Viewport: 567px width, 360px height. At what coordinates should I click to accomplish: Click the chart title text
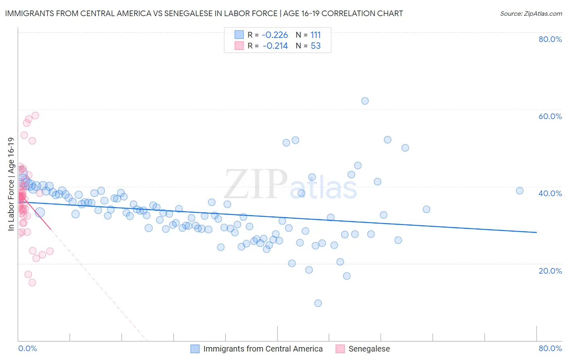(x=204, y=13)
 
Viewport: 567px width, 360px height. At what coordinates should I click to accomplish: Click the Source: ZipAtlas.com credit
(x=531, y=13)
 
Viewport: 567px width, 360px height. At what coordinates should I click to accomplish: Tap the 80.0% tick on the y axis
(x=550, y=39)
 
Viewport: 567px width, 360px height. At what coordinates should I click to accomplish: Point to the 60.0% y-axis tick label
(x=550, y=116)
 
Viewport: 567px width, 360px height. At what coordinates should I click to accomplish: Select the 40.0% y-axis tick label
(x=550, y=193)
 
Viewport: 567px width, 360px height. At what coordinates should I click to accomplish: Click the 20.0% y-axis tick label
(x=550, y=270)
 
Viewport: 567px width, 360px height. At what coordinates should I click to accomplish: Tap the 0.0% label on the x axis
(x=27, y=348)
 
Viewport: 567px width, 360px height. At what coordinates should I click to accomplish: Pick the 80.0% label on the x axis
(x=550, y=348)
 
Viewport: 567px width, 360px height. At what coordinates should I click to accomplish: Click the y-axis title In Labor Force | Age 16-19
(x=11, y=184)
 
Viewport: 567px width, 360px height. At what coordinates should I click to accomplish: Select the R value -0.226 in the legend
(x=275, y=35)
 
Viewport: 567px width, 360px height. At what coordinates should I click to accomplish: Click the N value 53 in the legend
(x=315, y=46)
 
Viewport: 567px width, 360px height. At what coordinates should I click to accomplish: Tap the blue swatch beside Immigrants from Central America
(x=195, y=349)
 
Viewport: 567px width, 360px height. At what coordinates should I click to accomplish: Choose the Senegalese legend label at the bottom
(x=369, y=349)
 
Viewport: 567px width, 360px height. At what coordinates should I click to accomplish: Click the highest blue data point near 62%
(x=365, y=101)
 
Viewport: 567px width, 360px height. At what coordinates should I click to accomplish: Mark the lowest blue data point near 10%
(x=318, y=303)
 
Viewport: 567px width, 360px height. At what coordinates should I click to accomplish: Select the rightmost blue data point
(x=519, y=190)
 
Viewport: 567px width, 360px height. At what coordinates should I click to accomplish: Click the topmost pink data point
(x=35, y=115)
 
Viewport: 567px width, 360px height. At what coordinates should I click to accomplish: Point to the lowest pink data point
(x=32, y=283)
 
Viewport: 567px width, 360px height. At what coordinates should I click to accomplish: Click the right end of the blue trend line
(x=536, y=232)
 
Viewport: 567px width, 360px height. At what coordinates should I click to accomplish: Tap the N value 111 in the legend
(x=315, y=35)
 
